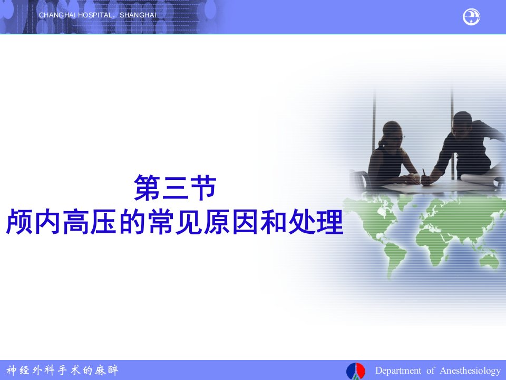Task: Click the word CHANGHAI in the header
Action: pyautogui.click(x=57, y=15)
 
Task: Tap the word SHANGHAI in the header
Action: pyautogui.click(x=138, y=15)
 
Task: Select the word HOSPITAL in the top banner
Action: pyautogui.click(x=95, y=15)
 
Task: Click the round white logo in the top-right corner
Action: pyautogui.click(x=471, y=17)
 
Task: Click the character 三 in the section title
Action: pyautogui.click(x=175, y=188)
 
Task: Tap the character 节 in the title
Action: pyautogui.click(x=203, y=188)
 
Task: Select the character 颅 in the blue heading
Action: pyautogui.click(x=20, y=222)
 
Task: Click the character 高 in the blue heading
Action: pyautogui.click(x=76, y=222)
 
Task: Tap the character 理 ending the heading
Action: pyautogui.click(x=329, y=222)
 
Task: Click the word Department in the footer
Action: pyautogui.click(x=398, y=370)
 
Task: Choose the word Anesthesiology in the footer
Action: pyautogui.click(x=470, y=371)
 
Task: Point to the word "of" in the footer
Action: pyautogui.click(x=430, y=370)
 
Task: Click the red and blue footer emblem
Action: pyautogui.click(x=356, y=371)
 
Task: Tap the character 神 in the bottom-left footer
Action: pyautogui.click(x=12, y=370)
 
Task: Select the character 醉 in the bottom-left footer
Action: pyautogui.click(x=113, y=370)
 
